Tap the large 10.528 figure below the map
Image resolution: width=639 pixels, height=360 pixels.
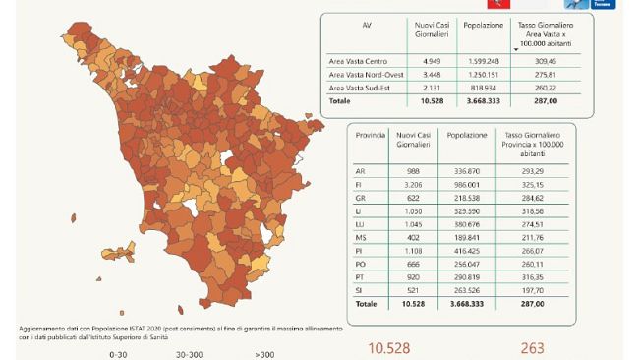[x=387, y=347]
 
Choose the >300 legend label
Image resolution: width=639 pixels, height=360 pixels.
[x=264, y=353]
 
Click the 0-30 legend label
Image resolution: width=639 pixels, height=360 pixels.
[x=120, y=353]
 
